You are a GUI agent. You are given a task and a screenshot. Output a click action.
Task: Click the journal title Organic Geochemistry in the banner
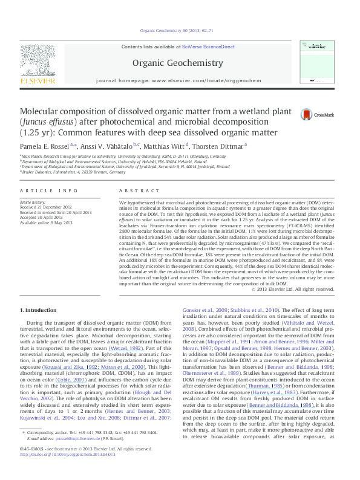pyautogui.click(x=178, y=62)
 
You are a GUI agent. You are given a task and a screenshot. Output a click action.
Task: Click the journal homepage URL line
pyautogui.click(x=178, y=80)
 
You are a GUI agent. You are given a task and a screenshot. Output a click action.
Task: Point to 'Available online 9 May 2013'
pyautogui.click(x=46, y=222)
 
